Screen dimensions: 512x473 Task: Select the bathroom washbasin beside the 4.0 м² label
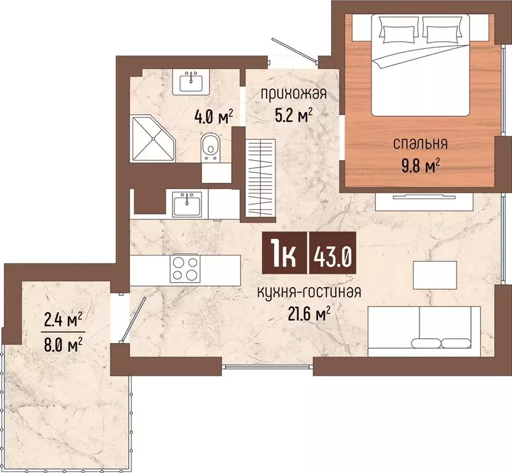(191, 83)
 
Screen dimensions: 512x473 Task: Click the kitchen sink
(187, 204)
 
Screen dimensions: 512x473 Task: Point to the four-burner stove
(185, 268)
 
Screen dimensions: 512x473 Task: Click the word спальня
(420, 144)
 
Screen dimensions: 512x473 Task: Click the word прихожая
(293, 94)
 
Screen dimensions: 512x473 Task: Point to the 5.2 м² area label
(293, 115)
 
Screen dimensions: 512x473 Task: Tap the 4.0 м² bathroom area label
(214, 116)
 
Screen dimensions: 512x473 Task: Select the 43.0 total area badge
(333, 253)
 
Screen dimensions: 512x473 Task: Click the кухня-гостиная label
(309, 292)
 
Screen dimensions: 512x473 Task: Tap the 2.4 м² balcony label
(63, 321)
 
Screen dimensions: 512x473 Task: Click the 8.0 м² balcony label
(63, 344)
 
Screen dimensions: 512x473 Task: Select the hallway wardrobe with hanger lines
(261, 177)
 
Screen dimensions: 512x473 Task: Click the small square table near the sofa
(434, 275)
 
